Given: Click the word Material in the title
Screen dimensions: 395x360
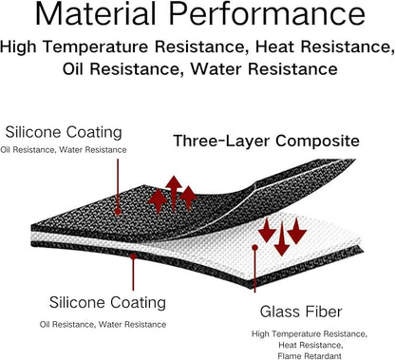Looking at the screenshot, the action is (x=95, y=13).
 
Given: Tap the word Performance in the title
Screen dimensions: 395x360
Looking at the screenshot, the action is (x=267, y=13).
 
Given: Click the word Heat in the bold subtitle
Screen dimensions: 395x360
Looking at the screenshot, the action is (x=275, y=47).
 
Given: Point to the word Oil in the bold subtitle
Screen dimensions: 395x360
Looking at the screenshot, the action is (x=73, y=68).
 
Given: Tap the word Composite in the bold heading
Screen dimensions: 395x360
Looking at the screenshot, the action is (x=317, y=142).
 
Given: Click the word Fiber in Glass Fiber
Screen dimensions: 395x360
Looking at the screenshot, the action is (x=327, y=312).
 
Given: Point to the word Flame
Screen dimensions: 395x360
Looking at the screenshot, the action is (x=289, y=356).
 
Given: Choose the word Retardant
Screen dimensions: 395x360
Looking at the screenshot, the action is (x=322, y=356).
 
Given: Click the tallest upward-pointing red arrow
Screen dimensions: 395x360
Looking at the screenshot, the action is (x=174, y=194).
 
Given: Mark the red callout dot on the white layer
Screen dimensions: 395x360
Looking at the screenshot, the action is (x=254, y=247).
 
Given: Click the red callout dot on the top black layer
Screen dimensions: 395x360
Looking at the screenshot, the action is (x=118, y=211).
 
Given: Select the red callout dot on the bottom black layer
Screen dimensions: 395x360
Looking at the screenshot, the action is (x=133, y=256).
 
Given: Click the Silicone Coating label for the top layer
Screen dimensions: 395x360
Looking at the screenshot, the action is (x=64, y=132).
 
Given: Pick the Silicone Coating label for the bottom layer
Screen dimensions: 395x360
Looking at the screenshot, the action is (x=107, y=302).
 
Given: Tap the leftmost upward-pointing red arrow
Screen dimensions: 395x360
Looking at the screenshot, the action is (x=158, y=201).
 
